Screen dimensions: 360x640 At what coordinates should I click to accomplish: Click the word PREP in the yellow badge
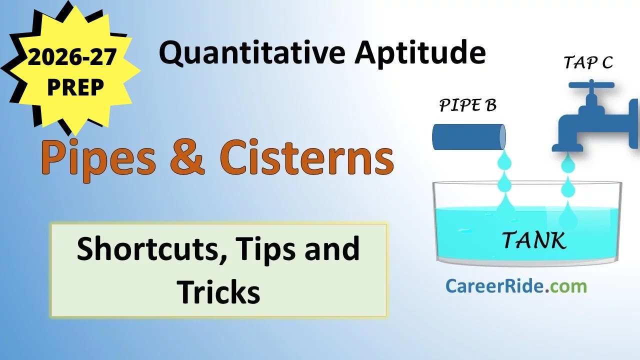click(x=75, y=87)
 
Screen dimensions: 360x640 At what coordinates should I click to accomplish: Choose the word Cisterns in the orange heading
click(x=306, y=159)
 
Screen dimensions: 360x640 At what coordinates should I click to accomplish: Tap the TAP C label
click(x=588, y=63)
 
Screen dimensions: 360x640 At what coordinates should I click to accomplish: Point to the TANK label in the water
click(x=534, y=240)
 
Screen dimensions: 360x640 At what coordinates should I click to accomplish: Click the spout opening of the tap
click(x=567, y=148)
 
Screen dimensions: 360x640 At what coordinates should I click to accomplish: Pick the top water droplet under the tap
click(x=568, y=164)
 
